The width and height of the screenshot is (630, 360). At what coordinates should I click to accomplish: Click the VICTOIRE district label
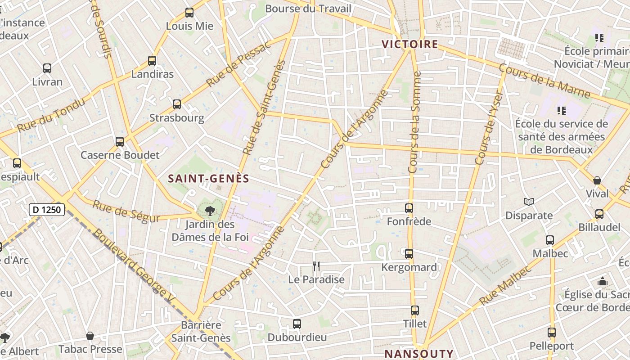pos(409,44)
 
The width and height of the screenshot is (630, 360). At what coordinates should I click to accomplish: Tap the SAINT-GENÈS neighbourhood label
pos(208,179)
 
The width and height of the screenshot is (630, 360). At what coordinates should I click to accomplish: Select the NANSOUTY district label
pos(419,353)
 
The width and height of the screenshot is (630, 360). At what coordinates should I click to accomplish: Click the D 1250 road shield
pos(47,209)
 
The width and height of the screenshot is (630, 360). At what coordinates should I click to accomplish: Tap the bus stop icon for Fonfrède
pos(409,208)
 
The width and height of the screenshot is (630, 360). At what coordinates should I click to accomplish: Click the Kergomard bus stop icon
pos(409,254)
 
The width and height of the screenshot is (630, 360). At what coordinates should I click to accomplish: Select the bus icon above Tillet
pos(415,310)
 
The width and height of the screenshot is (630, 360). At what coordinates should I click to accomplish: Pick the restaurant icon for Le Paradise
pos(316,266)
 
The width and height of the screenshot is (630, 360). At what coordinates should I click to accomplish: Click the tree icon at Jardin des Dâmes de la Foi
pos(210,211)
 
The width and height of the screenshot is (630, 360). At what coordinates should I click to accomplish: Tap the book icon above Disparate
pos(529,202)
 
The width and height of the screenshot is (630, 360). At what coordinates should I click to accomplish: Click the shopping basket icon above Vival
pos(597,180)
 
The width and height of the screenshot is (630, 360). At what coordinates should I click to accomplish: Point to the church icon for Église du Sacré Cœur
pos(603,282)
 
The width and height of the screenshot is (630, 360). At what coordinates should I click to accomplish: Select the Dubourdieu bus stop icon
pos(297,324)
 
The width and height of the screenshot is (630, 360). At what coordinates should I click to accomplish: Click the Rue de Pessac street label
pos(239,64)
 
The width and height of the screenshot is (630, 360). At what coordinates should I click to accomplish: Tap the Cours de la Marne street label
pos(544,81)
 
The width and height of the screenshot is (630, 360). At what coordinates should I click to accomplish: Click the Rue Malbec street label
pos(505,285)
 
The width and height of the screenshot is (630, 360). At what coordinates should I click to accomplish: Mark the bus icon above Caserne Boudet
pos(120,142)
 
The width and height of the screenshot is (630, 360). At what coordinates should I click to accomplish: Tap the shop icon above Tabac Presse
pos(90,336)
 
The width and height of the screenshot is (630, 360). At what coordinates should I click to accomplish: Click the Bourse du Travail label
pos(308,9)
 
